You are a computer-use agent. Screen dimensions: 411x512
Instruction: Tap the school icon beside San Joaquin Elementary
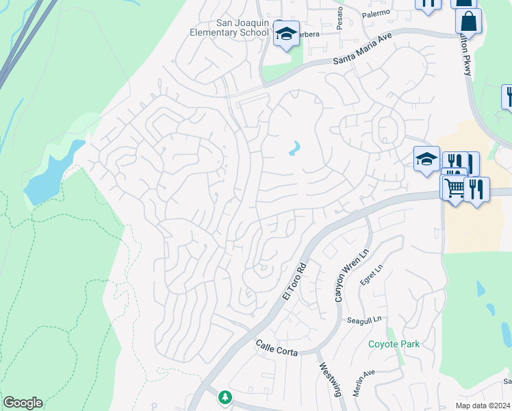(286, 33)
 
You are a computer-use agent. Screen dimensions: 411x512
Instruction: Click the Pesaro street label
(340, 12)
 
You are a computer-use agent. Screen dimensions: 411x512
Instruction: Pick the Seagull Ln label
(363, 320)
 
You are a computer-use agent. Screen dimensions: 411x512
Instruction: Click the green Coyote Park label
(394, 344)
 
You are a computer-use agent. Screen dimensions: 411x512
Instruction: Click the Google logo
(23, 403)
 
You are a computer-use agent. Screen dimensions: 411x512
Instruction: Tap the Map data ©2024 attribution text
(483, 406)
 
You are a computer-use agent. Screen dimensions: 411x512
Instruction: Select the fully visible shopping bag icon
(469, 21)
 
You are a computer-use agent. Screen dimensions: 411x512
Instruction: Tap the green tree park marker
(225, 397)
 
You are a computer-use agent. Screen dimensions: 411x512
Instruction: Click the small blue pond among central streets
(295, 148)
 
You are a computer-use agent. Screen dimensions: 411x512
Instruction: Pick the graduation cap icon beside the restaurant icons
(426, 159)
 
